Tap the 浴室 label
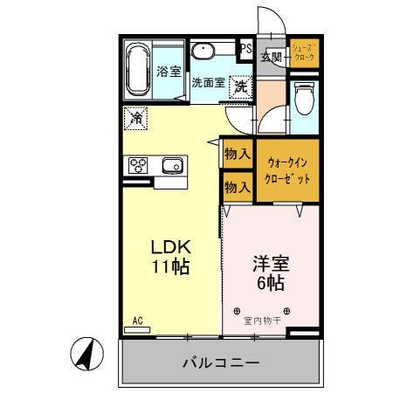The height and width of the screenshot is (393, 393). tap(168, 72)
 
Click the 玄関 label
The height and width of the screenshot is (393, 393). tap(271, 57)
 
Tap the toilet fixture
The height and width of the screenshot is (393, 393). tap(303, 97)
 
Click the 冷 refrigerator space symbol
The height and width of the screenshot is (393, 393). tap(136, 116)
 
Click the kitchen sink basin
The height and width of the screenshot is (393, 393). tap(172, 164)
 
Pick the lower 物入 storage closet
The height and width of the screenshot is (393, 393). tap(238, 186)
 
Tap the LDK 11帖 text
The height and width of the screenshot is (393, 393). tap(172, 255)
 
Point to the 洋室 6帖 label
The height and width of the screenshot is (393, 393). tap(271, 272)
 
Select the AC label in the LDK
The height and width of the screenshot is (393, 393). tap(137, 321)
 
